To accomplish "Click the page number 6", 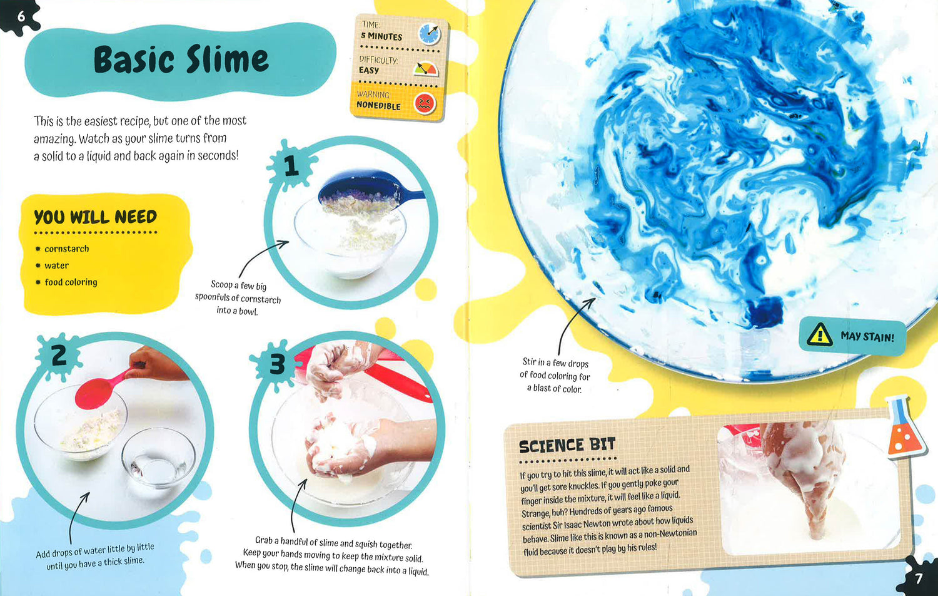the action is point(21,17).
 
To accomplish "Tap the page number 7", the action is point(919,579).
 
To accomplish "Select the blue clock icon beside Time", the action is point(429,34).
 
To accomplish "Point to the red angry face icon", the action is point(425,103).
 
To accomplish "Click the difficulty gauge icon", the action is point(425,69).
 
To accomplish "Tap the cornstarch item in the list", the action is point(66,249).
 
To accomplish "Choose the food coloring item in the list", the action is point(71,282).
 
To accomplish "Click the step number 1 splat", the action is point(291,165).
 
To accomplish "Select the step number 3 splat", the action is point(277,364).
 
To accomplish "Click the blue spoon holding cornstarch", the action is point(368,191).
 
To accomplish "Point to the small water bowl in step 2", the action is point(158,458).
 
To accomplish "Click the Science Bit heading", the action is point(567,446).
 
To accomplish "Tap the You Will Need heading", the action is point(96,217).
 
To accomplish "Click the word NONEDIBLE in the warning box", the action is point(378,105).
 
